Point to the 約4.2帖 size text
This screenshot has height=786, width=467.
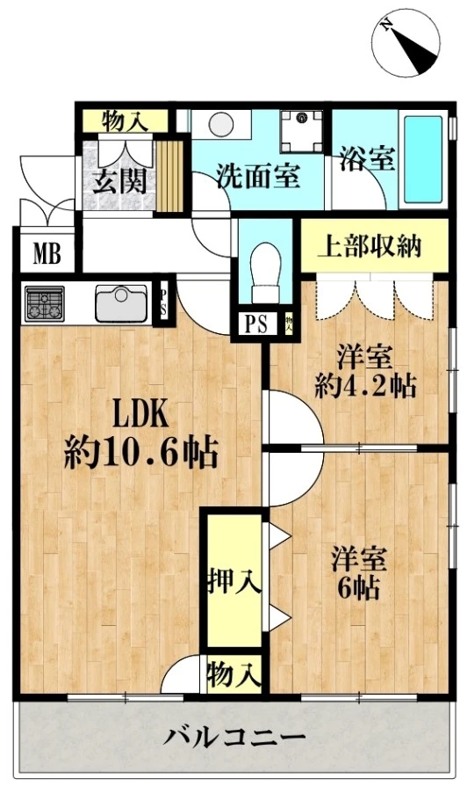coord(366,385)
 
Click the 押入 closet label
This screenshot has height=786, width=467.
coord(233,581)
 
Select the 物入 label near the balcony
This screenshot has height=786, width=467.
coord(233,675)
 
